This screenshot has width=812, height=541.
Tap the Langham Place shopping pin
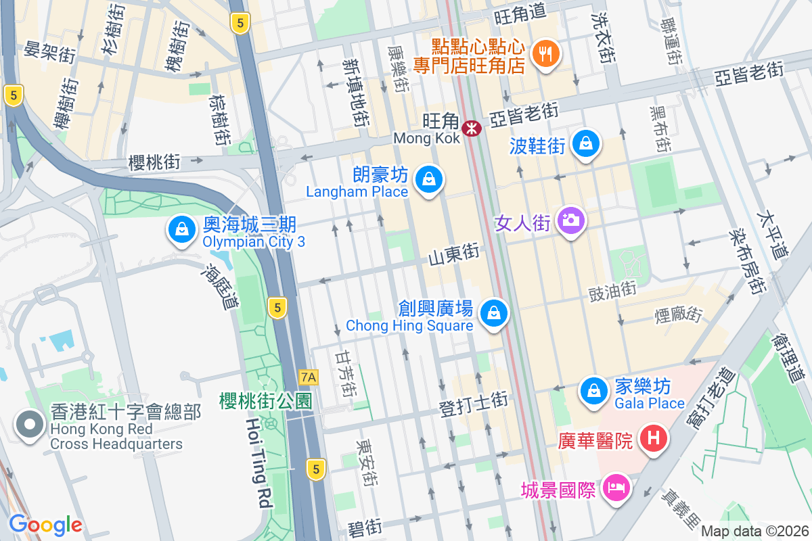[x=428, y=180]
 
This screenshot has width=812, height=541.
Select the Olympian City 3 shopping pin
[x=181, y=230]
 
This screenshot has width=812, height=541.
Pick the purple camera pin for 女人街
[x=571, y=220]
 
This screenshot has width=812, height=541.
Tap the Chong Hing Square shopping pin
[x=494, y=313]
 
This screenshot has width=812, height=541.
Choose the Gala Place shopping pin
[x=593, y=391]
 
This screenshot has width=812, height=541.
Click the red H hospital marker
[x=653, y=438]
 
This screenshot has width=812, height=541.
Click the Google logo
[x=45, y=524]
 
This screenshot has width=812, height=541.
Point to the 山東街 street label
[x=454, y=255]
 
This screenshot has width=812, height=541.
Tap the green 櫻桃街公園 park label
[x=265, y=401]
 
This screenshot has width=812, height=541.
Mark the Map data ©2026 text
[x=754, y=532]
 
